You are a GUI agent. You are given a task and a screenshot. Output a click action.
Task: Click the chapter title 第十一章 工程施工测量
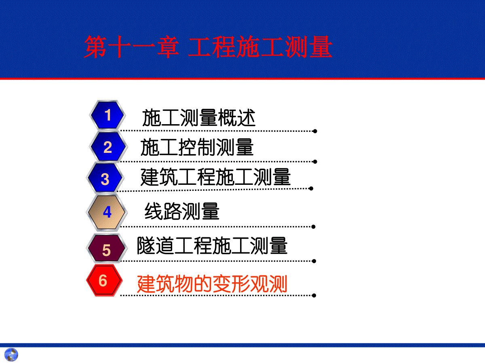[x=208, y=47]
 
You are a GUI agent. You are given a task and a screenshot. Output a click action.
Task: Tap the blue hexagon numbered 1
[x=108, y=115]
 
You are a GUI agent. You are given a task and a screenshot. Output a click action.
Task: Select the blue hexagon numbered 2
[x=108, y=147]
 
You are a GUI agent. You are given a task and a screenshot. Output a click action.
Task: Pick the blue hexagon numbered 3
[x=105, y=178]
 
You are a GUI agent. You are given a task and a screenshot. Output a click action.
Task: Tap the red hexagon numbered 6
[x=104, y=280]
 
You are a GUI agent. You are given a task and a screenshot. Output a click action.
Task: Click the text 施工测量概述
[x=199, y=118]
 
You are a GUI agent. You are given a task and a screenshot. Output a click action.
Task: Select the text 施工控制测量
[x=197, y=147]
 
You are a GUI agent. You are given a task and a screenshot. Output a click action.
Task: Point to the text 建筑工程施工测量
[x=216, y=177]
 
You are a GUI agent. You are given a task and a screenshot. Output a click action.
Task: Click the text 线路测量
[x=182, y=212]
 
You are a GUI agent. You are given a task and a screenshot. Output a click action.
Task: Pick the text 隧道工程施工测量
[x=212, y=245]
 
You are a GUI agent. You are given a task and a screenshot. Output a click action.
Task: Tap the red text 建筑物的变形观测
[x=212, y=284]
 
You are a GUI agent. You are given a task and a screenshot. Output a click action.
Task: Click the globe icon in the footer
[x=11, y=355]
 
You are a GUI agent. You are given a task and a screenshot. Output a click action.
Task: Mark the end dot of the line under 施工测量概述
[x=315, y=131]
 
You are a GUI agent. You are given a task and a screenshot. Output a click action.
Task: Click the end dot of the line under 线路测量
[x=313, y=227]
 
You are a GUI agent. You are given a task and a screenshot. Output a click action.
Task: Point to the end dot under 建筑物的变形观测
[x=314, y=296]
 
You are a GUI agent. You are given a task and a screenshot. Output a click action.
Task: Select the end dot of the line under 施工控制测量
[x=315, y=162]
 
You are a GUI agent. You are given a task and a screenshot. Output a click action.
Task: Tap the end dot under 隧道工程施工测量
[x=314, y=261]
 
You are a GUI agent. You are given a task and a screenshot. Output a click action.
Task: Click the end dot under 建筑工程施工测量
[x=311, y=188]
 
